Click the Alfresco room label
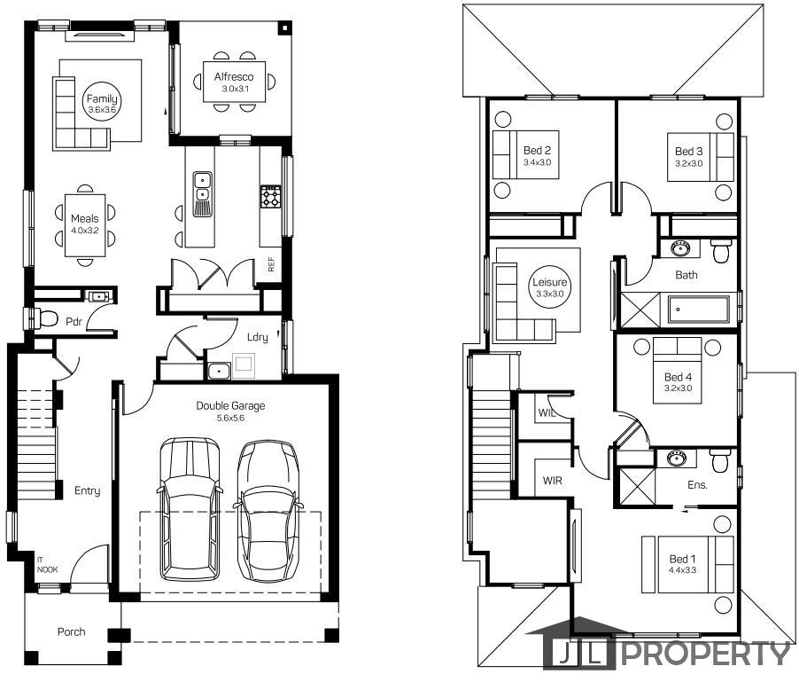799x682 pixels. (234, 77)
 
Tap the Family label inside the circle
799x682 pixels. (102, 99)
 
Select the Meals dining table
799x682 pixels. (85, 225)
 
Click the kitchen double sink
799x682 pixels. (202, 188)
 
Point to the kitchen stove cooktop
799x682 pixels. (270, 197)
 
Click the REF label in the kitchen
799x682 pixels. (271, 264)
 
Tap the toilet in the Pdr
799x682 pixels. (43, 318)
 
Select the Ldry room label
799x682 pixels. (258, 337)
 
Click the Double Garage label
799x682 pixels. (231, 406)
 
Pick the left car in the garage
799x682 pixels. (190, 508)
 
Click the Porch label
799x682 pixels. (72, 632)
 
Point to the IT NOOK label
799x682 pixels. (47, 565)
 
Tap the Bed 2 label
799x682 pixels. (537, 151)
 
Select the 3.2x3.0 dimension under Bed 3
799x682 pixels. (689, 163)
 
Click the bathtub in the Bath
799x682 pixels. (699, 310)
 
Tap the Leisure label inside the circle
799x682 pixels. (550, 282)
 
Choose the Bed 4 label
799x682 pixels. (679, 377)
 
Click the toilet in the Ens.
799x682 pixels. (720, 460)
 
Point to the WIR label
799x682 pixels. (553, 481)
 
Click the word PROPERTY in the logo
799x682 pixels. (706, 654)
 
